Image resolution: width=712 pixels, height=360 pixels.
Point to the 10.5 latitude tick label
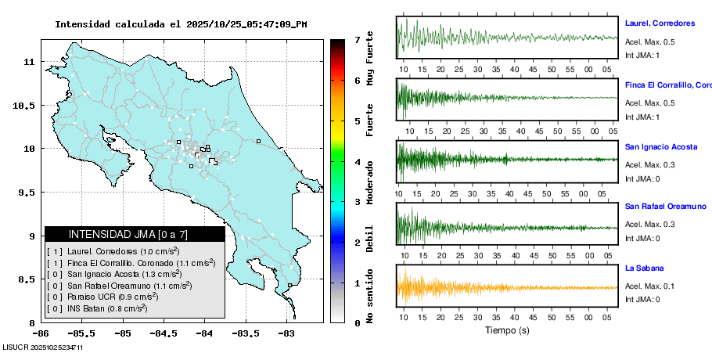(x=27, y=106)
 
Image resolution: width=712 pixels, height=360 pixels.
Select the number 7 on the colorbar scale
(x=357, y=39)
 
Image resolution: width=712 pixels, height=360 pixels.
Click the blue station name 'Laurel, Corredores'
(x=660, y=23)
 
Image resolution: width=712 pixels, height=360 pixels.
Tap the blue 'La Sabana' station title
(x=643, y=268)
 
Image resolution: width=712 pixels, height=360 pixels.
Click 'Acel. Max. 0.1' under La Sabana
(x=649, y=286)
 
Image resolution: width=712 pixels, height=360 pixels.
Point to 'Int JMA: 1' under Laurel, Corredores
(x=642, y=55)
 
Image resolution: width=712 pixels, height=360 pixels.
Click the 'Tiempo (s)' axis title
(x=508, y=330)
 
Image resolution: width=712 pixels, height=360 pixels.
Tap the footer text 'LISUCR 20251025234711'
(x=43, y=347)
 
